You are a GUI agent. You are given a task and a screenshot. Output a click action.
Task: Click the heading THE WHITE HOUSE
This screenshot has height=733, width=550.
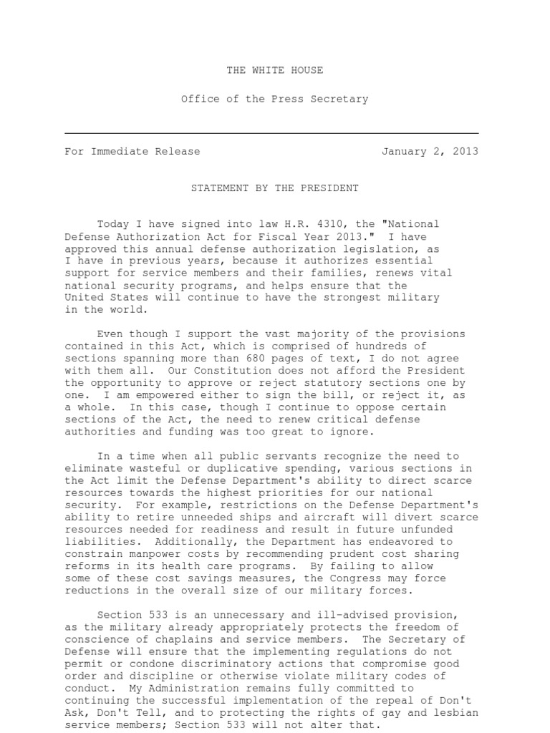click(x=274, y=70)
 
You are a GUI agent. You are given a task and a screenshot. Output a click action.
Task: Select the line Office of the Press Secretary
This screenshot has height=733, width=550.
click(x=274, y=99)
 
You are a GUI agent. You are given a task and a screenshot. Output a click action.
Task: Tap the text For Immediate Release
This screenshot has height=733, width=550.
click(x=132, y=151)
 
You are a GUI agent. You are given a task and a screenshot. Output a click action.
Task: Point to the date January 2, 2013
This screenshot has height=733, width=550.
click(x=430, y=151)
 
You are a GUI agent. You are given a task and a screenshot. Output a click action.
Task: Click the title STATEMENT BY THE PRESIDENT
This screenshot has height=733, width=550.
click(x=274, y=188)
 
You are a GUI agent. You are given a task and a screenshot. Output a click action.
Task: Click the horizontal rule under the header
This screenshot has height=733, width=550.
click(x=271, y=133)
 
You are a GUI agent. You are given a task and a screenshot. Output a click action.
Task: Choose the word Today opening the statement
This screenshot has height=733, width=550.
click(x=112, y=224)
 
